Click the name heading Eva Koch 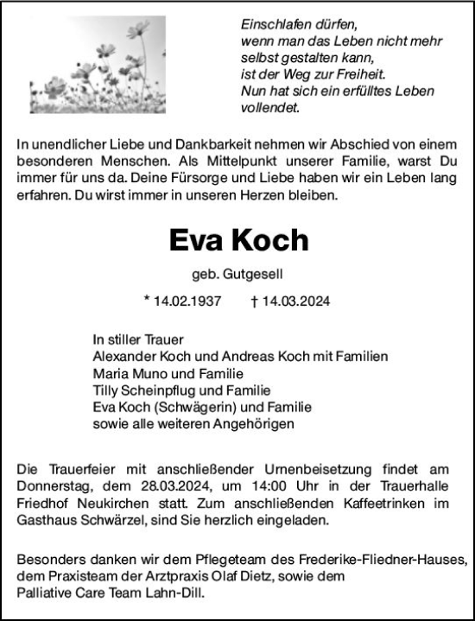pos(237,239)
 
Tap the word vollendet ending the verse pos(269,108)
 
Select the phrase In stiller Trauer pos(138,339)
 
